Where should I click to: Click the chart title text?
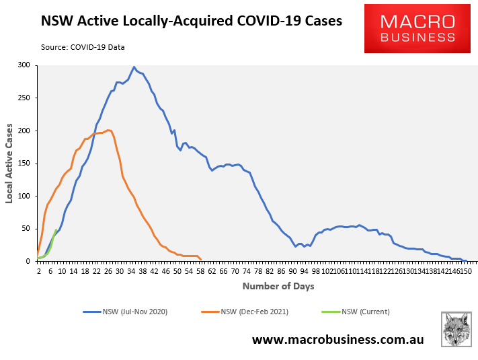click(x=192, y=21)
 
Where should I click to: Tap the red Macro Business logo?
click(x=417, y=28)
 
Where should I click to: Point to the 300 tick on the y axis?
click(x=24, y=65)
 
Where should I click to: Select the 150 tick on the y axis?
click(x=24, y=164)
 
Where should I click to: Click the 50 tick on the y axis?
click(x=26, y=229)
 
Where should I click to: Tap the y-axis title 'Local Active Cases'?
click(x=9, y=164)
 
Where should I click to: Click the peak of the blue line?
click(x=134, y=67)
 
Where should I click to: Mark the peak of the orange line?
click(x=109, y=130)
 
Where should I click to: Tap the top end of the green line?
click(x=56, y=229)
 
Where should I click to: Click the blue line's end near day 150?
click(x=466, y=260)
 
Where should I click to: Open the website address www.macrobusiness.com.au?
click(x=337, y=340)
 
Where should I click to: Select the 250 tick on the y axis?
click(x=24, y=98)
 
